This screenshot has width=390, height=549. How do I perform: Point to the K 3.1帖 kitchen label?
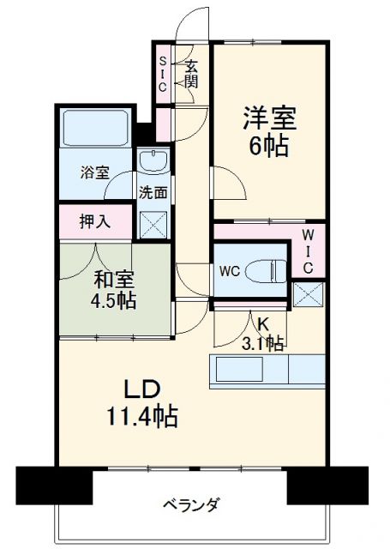point(263,335)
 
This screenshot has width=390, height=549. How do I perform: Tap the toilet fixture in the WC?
point(267,271)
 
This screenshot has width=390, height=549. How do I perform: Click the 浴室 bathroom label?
point(94,172)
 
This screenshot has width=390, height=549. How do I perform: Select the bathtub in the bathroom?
point(96,129)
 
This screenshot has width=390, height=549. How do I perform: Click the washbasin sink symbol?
point(154,160)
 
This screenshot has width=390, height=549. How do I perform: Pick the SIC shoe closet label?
point(163,74)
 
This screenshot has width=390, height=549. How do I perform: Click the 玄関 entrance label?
point(192,74)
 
